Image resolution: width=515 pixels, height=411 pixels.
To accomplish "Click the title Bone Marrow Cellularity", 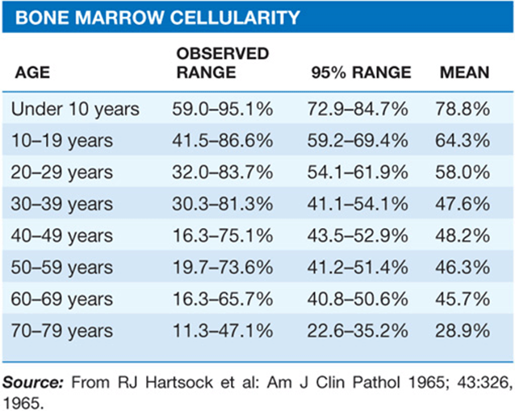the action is [157, 18].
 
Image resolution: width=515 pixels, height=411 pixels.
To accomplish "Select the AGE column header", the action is [32, 73].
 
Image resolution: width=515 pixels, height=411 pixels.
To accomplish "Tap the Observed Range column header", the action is [223, 63].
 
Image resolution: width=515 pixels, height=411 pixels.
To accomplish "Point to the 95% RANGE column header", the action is [361, 73].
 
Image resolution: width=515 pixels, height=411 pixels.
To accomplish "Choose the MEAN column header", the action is [464, 73].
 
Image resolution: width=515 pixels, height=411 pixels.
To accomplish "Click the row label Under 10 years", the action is [75, 109].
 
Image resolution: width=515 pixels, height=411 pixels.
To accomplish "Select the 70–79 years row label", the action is [61, 330].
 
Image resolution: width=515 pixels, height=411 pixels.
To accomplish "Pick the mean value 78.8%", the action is [463, 109].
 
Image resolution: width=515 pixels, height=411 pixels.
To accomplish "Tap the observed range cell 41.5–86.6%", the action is [222, 140].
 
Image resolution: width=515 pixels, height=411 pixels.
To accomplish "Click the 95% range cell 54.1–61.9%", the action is [358, 172].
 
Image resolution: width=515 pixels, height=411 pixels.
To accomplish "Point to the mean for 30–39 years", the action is [463, 204].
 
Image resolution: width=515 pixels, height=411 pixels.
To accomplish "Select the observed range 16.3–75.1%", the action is [222, 235].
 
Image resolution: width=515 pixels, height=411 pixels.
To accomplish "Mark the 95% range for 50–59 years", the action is [358, 267].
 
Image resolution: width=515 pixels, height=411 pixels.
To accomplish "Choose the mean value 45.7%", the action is [463, 299].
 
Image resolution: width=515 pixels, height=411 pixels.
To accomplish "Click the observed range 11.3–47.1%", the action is [222, 330].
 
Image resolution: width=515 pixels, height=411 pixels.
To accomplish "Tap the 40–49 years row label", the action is [61, 235].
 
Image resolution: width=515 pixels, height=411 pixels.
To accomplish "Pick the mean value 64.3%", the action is [463, 140].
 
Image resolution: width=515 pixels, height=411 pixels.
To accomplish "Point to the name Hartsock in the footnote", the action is [179, 383].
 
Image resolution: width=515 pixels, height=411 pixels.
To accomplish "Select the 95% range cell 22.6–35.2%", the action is [358, 330].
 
